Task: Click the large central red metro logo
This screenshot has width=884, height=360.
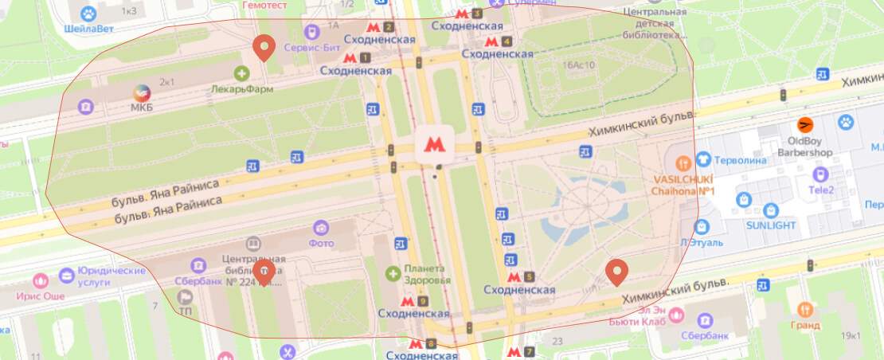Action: click(x=434, y=143)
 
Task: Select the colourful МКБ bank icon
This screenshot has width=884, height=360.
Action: click(x=141, y=92)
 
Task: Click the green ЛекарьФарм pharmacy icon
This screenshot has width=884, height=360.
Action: click(x=241, y=74)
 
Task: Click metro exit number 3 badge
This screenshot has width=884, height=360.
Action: click(x=476, y=14)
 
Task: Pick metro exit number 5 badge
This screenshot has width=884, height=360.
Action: click(x=529, y=277)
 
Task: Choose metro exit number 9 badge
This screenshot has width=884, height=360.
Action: click(x=422, y=301)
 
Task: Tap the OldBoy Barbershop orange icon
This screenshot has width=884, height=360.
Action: click(x=806, y=125)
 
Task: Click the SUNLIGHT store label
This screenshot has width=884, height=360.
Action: click(x=770, y=225)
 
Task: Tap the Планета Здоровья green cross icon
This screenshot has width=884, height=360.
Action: click(x=393, y=274)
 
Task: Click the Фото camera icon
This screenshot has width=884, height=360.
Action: click(x=321, y=229)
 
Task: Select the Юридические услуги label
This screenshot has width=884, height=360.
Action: click(x=111, y=276)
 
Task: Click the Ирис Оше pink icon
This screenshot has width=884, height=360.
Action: click(x=40, y=281)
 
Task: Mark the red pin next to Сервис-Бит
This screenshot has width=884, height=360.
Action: click(x=264, y=49)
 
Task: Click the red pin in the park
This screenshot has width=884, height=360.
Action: click(x=616, y=272)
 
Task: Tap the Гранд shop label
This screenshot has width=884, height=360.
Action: click(x=805, y=325)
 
